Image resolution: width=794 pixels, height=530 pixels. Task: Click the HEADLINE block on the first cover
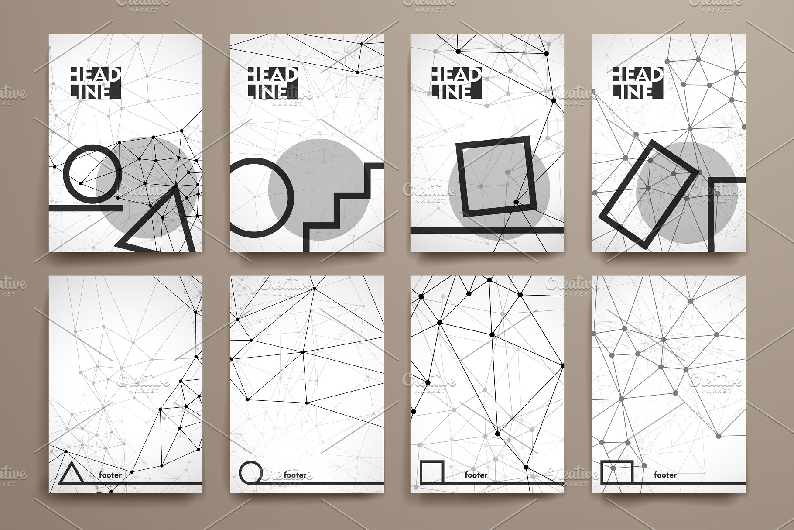[x=95, y=83]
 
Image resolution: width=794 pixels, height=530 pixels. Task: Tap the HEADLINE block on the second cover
[x=272, y=83]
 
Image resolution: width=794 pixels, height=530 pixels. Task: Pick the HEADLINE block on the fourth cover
[x=638, y=83]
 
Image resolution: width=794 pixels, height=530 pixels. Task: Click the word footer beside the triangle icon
[x=110, y=475]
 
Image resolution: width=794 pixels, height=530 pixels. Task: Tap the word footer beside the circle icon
[x=295, y=475]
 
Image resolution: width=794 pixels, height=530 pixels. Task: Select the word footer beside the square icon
[x=476, y=475]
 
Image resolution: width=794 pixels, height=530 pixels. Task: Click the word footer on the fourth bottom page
[x=665, y=475]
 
